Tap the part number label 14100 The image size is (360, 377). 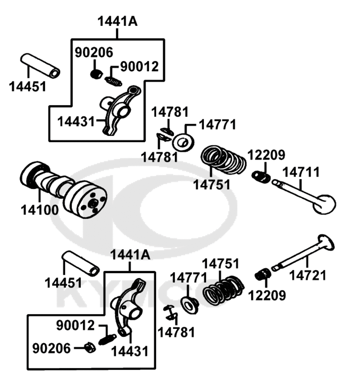(x=39, y=210)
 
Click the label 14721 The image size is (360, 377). (x=308, y=276)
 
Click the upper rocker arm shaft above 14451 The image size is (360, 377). (x=40, y=65)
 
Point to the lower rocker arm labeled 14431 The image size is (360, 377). (x=130, y=306)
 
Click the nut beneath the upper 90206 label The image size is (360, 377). (x=95, y=74)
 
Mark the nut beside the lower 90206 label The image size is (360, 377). (x=88, y=348)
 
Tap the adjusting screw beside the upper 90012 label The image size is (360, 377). (x=113, y=81)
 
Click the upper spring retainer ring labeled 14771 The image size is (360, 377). (x=184, y=142)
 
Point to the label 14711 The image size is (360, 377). (x=301, y=173)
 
